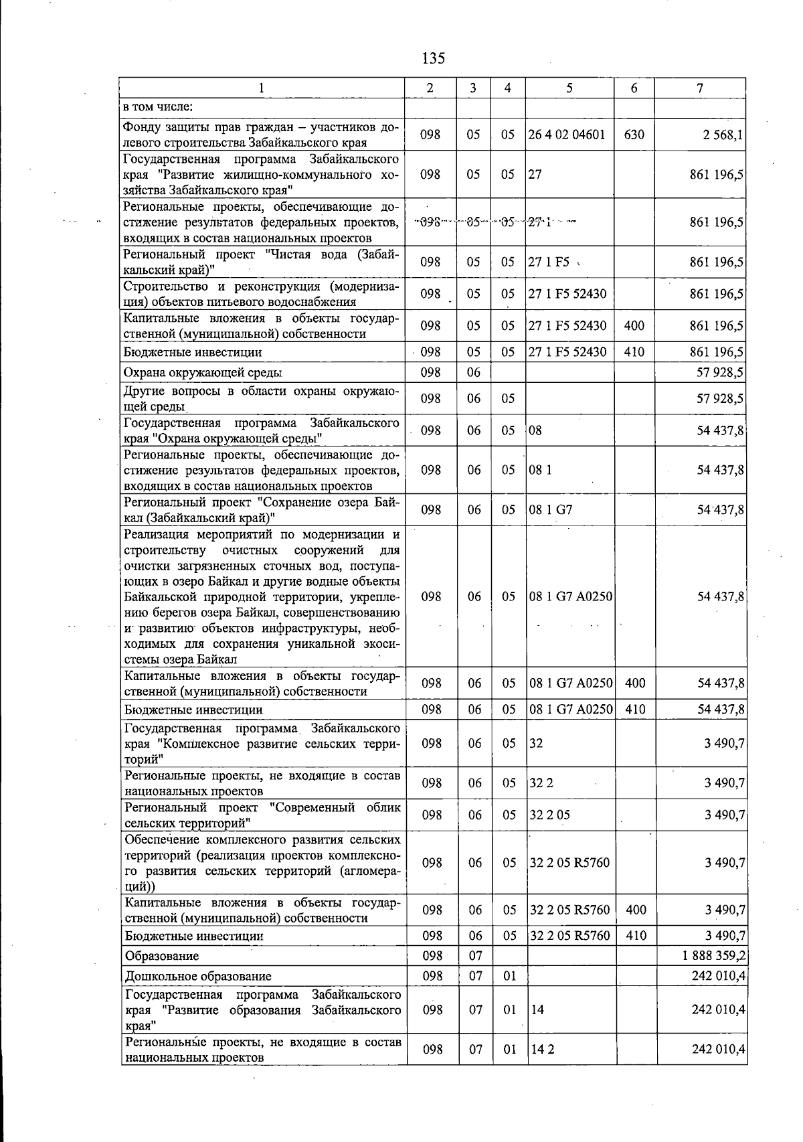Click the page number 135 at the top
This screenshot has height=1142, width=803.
pos(433,58)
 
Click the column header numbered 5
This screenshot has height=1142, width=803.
pos(569,88)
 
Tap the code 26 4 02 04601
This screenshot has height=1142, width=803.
pos(566,135)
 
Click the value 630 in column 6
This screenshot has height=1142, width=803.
pos(634,135)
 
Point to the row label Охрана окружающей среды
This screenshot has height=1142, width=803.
pos(203,373)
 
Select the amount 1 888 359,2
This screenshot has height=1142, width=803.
pos(714,956)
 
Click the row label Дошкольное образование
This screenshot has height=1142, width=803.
pos(198,976)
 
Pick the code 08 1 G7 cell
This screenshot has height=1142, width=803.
pos(551,510)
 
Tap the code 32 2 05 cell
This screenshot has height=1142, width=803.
pos(549,815)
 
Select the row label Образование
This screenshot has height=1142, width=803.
pos(162,956)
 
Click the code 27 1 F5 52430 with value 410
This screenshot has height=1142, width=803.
pos(567,352)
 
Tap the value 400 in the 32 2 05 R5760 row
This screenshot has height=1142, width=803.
pos(635,910)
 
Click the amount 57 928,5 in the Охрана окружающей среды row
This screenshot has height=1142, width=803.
pos(721,373)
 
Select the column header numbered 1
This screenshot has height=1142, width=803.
pos(262,88)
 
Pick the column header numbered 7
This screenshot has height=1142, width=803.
pos(699,88)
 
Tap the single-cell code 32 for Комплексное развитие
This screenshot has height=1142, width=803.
pos(536,743)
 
